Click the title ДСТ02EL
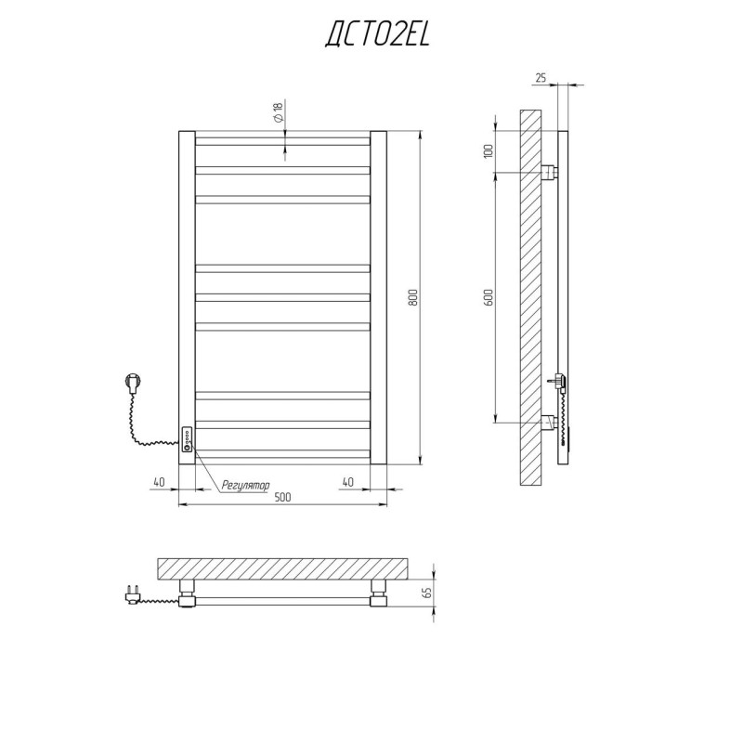pos(377,34)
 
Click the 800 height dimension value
pos(412,297)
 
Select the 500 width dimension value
pos(282,497)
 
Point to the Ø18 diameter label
pos(278,111)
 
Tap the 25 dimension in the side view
pos(541,78)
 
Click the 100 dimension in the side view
pos(489,150)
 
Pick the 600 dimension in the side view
pos(489,297)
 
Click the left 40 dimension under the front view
pos(159,482)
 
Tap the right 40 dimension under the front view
pos(347,482)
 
